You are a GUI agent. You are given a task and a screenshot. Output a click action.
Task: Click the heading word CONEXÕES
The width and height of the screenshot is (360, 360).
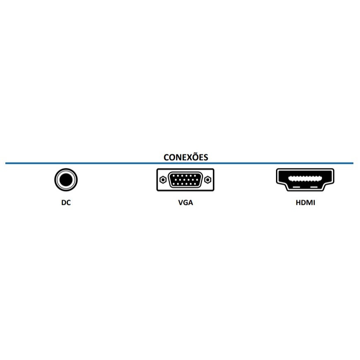point(186,157)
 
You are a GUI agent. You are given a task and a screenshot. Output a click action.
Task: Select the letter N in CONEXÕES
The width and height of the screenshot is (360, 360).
point(178,158)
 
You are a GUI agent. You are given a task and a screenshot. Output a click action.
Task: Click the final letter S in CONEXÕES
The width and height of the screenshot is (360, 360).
point(206,158)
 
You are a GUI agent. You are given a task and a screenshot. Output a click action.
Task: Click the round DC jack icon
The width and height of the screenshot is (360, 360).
point(66,180)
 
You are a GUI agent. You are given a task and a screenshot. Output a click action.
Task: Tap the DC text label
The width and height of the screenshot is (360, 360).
point(66,202)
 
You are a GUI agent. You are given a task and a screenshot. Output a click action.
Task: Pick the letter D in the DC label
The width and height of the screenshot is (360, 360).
point(64,202)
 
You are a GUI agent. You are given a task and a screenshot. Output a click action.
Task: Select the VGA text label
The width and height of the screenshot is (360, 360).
point(185,202)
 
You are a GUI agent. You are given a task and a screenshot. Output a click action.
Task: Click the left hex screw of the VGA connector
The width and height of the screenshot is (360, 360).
point(163,180)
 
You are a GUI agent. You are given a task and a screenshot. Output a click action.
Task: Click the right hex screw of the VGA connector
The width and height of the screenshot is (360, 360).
point(208,180)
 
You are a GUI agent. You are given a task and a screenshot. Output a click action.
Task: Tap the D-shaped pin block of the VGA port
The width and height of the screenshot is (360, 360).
point(185,180)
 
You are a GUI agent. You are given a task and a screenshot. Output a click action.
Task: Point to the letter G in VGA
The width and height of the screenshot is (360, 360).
point(185,202)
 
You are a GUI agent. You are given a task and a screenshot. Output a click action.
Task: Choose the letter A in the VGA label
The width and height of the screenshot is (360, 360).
point(191,202)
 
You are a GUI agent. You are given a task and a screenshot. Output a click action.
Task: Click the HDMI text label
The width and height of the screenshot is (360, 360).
point(305,202)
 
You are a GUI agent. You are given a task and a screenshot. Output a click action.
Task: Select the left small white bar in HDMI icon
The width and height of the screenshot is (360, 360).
point(296,187)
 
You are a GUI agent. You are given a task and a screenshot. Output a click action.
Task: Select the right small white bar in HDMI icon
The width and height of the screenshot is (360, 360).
point(314,187)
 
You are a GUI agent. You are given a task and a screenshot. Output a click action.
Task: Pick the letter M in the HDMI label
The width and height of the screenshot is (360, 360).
point(309,202)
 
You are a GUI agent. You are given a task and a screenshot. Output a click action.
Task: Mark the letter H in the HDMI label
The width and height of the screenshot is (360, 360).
point(298,202)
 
